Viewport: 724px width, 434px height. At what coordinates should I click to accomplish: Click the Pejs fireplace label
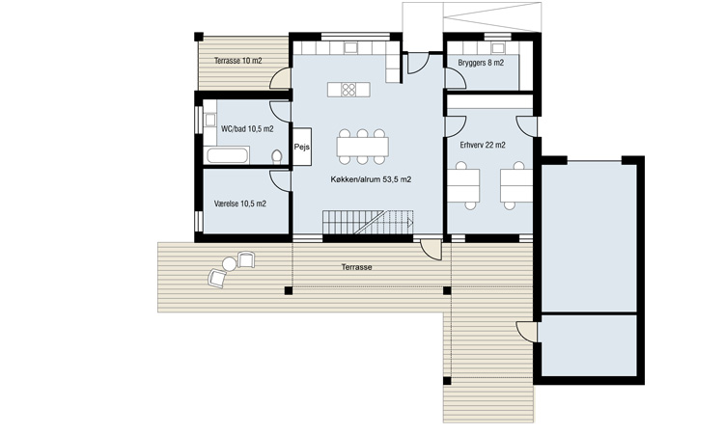coord(301,148)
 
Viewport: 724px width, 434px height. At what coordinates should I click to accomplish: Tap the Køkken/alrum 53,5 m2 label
coord(371,179)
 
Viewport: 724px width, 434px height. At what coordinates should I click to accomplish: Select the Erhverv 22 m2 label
coord(483,145)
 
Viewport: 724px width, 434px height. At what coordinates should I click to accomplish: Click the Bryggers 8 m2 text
coord(481,63)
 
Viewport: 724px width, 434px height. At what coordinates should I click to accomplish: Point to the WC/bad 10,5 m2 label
coord(247,128)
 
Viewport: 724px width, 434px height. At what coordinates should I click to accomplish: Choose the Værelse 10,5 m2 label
coord(240,203)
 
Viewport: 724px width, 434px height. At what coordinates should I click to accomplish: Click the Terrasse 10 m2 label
coord(237,61)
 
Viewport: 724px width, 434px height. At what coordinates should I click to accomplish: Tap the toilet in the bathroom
coord(277,157)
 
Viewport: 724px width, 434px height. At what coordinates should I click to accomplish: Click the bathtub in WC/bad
coord(227,155)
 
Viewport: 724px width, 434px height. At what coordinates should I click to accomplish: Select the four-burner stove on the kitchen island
coord(348,90)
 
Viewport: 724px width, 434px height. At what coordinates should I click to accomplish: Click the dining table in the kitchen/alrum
coord(362,147)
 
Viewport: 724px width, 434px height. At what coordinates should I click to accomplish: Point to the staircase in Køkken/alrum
coord(368,222)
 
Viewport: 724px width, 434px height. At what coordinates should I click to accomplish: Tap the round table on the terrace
coord(229,264)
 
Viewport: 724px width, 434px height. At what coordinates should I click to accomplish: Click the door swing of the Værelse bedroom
coord(279,180)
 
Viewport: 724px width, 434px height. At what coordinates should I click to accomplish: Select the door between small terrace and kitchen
coord(280,78)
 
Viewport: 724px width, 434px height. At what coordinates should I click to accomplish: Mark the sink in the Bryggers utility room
coord(498,48)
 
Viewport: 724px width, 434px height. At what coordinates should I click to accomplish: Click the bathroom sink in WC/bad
coord(210,121)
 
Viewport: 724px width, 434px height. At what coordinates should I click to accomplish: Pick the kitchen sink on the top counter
coord(350,48)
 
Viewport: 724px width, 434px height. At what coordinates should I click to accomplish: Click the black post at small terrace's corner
coord(199,37)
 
